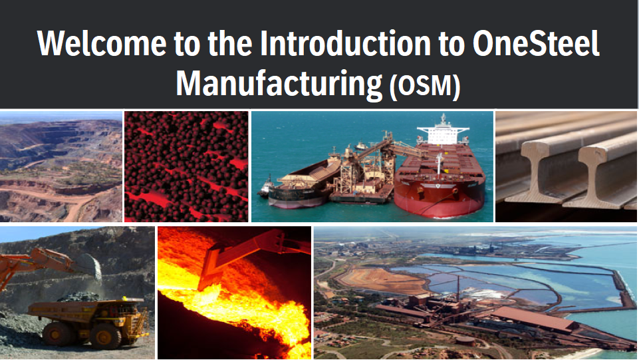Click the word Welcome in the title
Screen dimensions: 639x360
pyautogui.click(x=102, y=43)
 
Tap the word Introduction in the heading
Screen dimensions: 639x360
pyautogui.click(x=345, y=43)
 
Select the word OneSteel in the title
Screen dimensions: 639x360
pyautogui.click(x=537, y=43)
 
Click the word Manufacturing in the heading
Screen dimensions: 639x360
pyautogui.click(x=279, y=85)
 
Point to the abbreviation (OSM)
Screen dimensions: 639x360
pyautogui.click(x=425, y=86)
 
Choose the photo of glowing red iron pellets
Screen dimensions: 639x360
pyautogui.click(x=186, y=166)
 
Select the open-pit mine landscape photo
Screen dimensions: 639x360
pyautogui.click(x=61, y=166)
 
